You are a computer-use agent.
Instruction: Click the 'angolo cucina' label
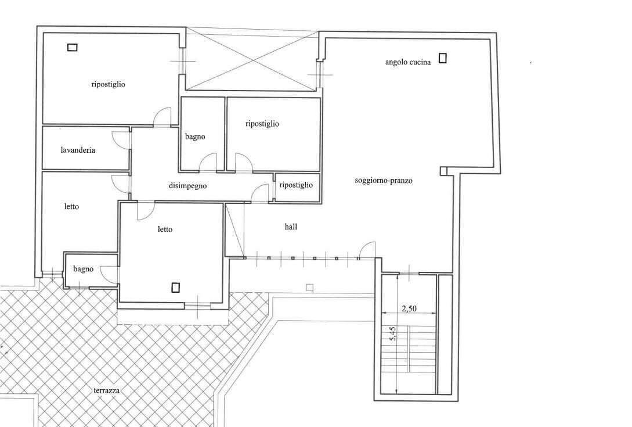click(x=408, y=62)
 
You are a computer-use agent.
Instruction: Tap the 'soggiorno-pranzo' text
click(x=383, y=181)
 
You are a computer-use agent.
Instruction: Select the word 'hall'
click(x=291, y=227)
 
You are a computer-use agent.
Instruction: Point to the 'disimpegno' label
click(x=187, y=186)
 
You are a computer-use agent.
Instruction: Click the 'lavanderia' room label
click(x=78, y=150)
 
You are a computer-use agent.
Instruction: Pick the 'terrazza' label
click(x=106, y=390)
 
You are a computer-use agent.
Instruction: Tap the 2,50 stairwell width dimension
click(x=409, y=308)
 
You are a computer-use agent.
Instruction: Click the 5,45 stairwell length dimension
click(x=393, y=333)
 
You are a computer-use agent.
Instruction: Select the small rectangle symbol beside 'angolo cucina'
click(x=443, y=58)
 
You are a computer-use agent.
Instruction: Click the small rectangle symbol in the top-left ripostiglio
click(x=72, y=47)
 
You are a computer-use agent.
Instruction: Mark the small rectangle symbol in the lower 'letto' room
click(x=176, y=288)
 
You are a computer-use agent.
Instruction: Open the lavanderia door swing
click(x=120, y=141)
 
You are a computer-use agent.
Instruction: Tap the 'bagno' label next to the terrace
click(x=83, y=269)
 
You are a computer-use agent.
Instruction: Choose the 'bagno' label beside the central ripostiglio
click(x=195, y=137)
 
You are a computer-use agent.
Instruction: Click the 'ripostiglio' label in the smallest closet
click(x=296, y=185)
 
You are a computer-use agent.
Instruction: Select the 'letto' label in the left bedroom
click(x=71, y=207)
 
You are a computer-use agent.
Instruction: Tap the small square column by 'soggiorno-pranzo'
click(x=444, y=171)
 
